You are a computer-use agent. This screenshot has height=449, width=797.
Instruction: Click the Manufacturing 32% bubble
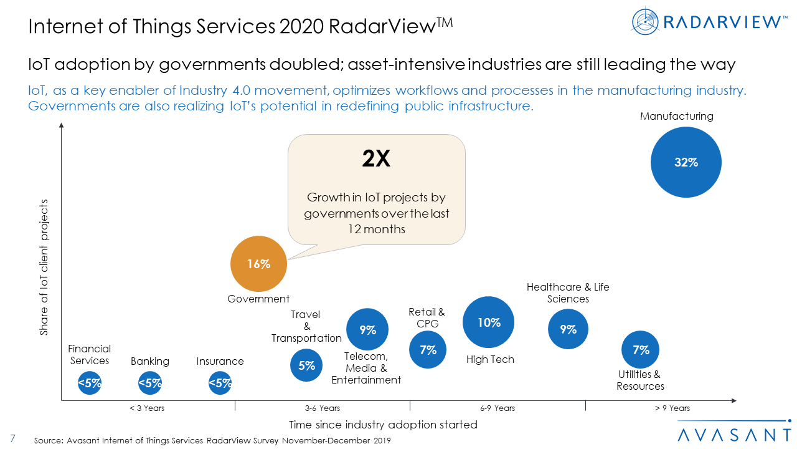(x=686, y=162)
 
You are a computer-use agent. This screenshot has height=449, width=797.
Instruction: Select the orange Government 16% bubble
(x=258, y=264)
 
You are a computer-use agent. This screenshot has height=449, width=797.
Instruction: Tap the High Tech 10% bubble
(x=489, y=322)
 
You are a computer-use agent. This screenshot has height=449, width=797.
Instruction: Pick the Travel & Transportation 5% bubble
(x=306, y=365)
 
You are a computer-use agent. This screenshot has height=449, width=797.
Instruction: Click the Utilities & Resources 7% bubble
(x=641, y=350)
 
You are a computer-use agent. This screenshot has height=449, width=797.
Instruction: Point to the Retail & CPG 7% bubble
(x=428, y=350)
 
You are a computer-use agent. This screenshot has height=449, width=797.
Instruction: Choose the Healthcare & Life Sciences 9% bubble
(x=568, y=329)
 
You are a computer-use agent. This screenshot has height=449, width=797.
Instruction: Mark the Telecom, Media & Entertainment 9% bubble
(x=367, y=330)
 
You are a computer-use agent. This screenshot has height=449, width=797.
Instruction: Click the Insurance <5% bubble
(x=220, y=384)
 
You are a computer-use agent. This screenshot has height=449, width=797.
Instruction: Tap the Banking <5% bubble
(x=149, y=384)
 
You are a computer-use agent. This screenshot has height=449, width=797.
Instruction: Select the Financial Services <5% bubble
(x=90, y=384)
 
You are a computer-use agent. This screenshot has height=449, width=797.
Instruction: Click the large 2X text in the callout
(x=376, y=160)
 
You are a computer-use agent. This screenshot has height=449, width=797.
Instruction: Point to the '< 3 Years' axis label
(x=147, y=408)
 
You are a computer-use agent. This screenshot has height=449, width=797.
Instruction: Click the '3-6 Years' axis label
(x=322, y=408)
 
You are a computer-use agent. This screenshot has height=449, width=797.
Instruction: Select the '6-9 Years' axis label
(x=498, y=408)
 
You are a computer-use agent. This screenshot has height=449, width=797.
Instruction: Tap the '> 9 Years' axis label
(x=672, y=408)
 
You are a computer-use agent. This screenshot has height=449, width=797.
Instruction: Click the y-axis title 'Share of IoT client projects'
(x=44, y=268)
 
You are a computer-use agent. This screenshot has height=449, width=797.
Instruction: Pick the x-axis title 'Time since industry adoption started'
(x=383, y=425)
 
